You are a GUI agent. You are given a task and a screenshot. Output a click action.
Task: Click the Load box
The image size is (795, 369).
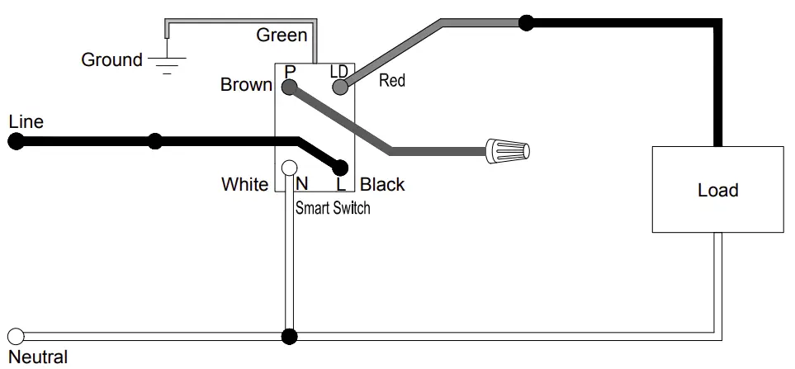pyautogui.click(x=717, y=190)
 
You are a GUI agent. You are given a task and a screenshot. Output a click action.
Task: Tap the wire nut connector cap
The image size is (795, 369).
pyautogui.click(x=508, y=151)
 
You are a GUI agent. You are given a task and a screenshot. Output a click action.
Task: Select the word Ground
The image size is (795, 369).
pyautogui.click(x=111, y=60)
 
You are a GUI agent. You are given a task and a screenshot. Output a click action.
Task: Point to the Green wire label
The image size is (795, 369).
pyautogui.click(x=282, y=35)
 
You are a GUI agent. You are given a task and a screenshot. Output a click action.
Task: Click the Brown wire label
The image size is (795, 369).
pyautogui.click(x=246, y=85)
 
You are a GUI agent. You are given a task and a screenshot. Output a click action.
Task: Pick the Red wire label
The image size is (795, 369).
pyautogui.click(x=392, y=81)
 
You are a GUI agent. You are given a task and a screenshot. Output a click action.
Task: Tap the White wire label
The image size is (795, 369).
pyautogui.click(x=244, y=184)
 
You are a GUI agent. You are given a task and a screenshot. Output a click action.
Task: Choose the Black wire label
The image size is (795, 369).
pyautogui.click(x=382, y=184)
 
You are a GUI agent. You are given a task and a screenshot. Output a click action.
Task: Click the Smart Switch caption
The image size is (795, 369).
pyautogui.click(x=333, y=208)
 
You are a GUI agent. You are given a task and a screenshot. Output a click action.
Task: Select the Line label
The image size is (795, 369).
pyautogui.click(x=26, y=122)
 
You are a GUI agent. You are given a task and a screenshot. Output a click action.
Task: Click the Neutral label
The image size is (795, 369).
pyautogui.click(x=37, y=357)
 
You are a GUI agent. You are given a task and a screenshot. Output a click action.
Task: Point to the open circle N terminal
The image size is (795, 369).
pyautogui.click(x=289, y=168)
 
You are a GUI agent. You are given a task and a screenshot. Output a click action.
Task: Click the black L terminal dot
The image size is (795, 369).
pyautogui.click(x=340, y=168)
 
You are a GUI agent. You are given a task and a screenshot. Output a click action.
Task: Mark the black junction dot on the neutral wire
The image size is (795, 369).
pyautogui.click(x=289, y=337)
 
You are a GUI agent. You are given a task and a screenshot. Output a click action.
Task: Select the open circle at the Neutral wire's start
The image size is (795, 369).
pyautogui.click(x=15, y=337)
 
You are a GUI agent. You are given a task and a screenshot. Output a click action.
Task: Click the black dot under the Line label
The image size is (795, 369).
pyautogui.click(x=15, y=142)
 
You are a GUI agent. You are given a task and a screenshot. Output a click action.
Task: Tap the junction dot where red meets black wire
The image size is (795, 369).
pyautogui.click(x=527, y=22)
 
